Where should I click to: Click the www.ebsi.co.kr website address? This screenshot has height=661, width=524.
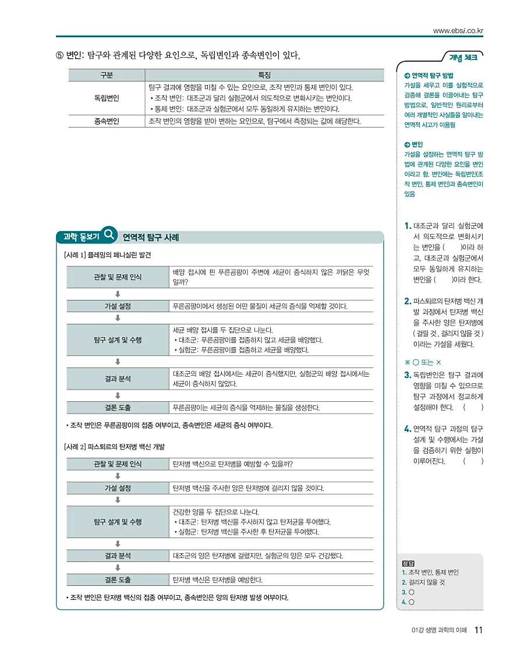tap(458, 30)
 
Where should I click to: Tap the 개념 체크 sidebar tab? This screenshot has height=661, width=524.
tap(463, 57)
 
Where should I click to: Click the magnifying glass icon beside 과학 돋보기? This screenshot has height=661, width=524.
tap(109, 235)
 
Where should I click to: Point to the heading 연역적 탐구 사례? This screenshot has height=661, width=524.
tap(151, 238)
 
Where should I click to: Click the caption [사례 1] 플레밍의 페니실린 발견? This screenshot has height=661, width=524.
tap(108, 255)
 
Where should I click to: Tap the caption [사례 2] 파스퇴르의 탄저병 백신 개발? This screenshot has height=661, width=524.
tap(114, 447)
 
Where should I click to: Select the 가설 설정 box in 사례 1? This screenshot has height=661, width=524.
tap(118, 306)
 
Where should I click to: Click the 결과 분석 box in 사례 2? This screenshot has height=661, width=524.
tap(118, 556)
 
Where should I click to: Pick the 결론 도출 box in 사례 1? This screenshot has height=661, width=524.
tap(118, 408)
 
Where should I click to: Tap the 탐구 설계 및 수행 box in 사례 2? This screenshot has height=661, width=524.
tap(118, 522)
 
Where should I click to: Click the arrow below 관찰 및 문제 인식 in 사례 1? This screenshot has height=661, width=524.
tap(118, 294)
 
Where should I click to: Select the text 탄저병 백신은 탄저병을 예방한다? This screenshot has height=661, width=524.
tap(218, 580)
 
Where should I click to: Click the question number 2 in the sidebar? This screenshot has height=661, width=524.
tap(407, 301)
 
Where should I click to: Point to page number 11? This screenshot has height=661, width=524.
tap(479, 630)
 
